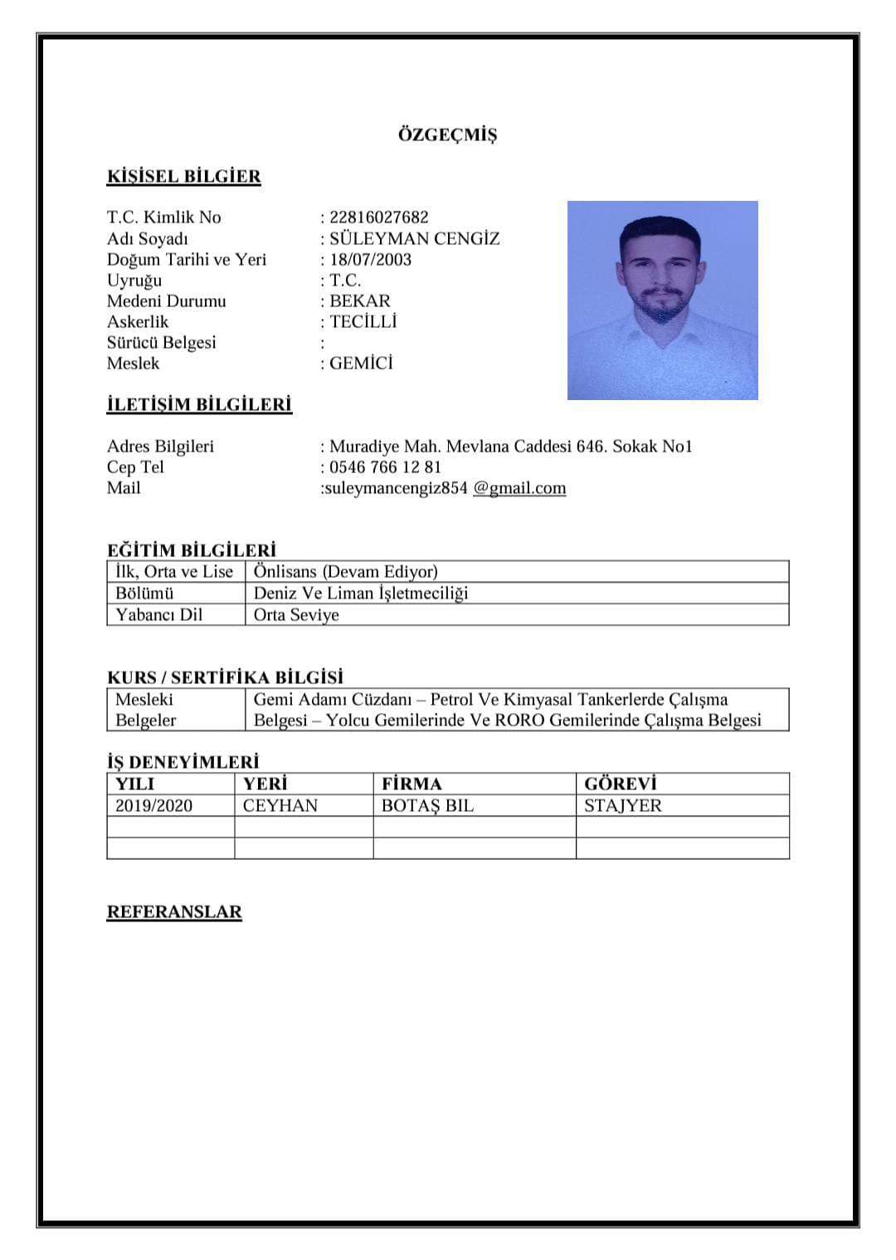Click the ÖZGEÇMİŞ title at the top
pos(447,134)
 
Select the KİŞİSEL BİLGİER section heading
pos(183,176)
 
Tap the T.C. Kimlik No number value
pos(379,217)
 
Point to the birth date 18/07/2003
pos(370,259)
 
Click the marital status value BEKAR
pos(359,300)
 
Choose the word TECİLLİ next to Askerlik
pos(363,321)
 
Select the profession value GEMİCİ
pos(361,363)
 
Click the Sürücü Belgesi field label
pos(161,342)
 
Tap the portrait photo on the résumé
pos(662,300)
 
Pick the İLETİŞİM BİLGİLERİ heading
pos(199,404)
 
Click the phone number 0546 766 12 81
pos(385,466)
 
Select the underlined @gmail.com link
pos(519,488)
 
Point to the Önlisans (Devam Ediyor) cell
pos(346,571)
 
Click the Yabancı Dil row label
pos(158,614)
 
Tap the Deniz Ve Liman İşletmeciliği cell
pos(361,593)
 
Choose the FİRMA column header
pos(411,784)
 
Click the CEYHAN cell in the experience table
pos(280,805)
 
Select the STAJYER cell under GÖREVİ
pos(623,805)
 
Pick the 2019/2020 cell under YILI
pos(153,805)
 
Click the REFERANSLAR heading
pos(174,911)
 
